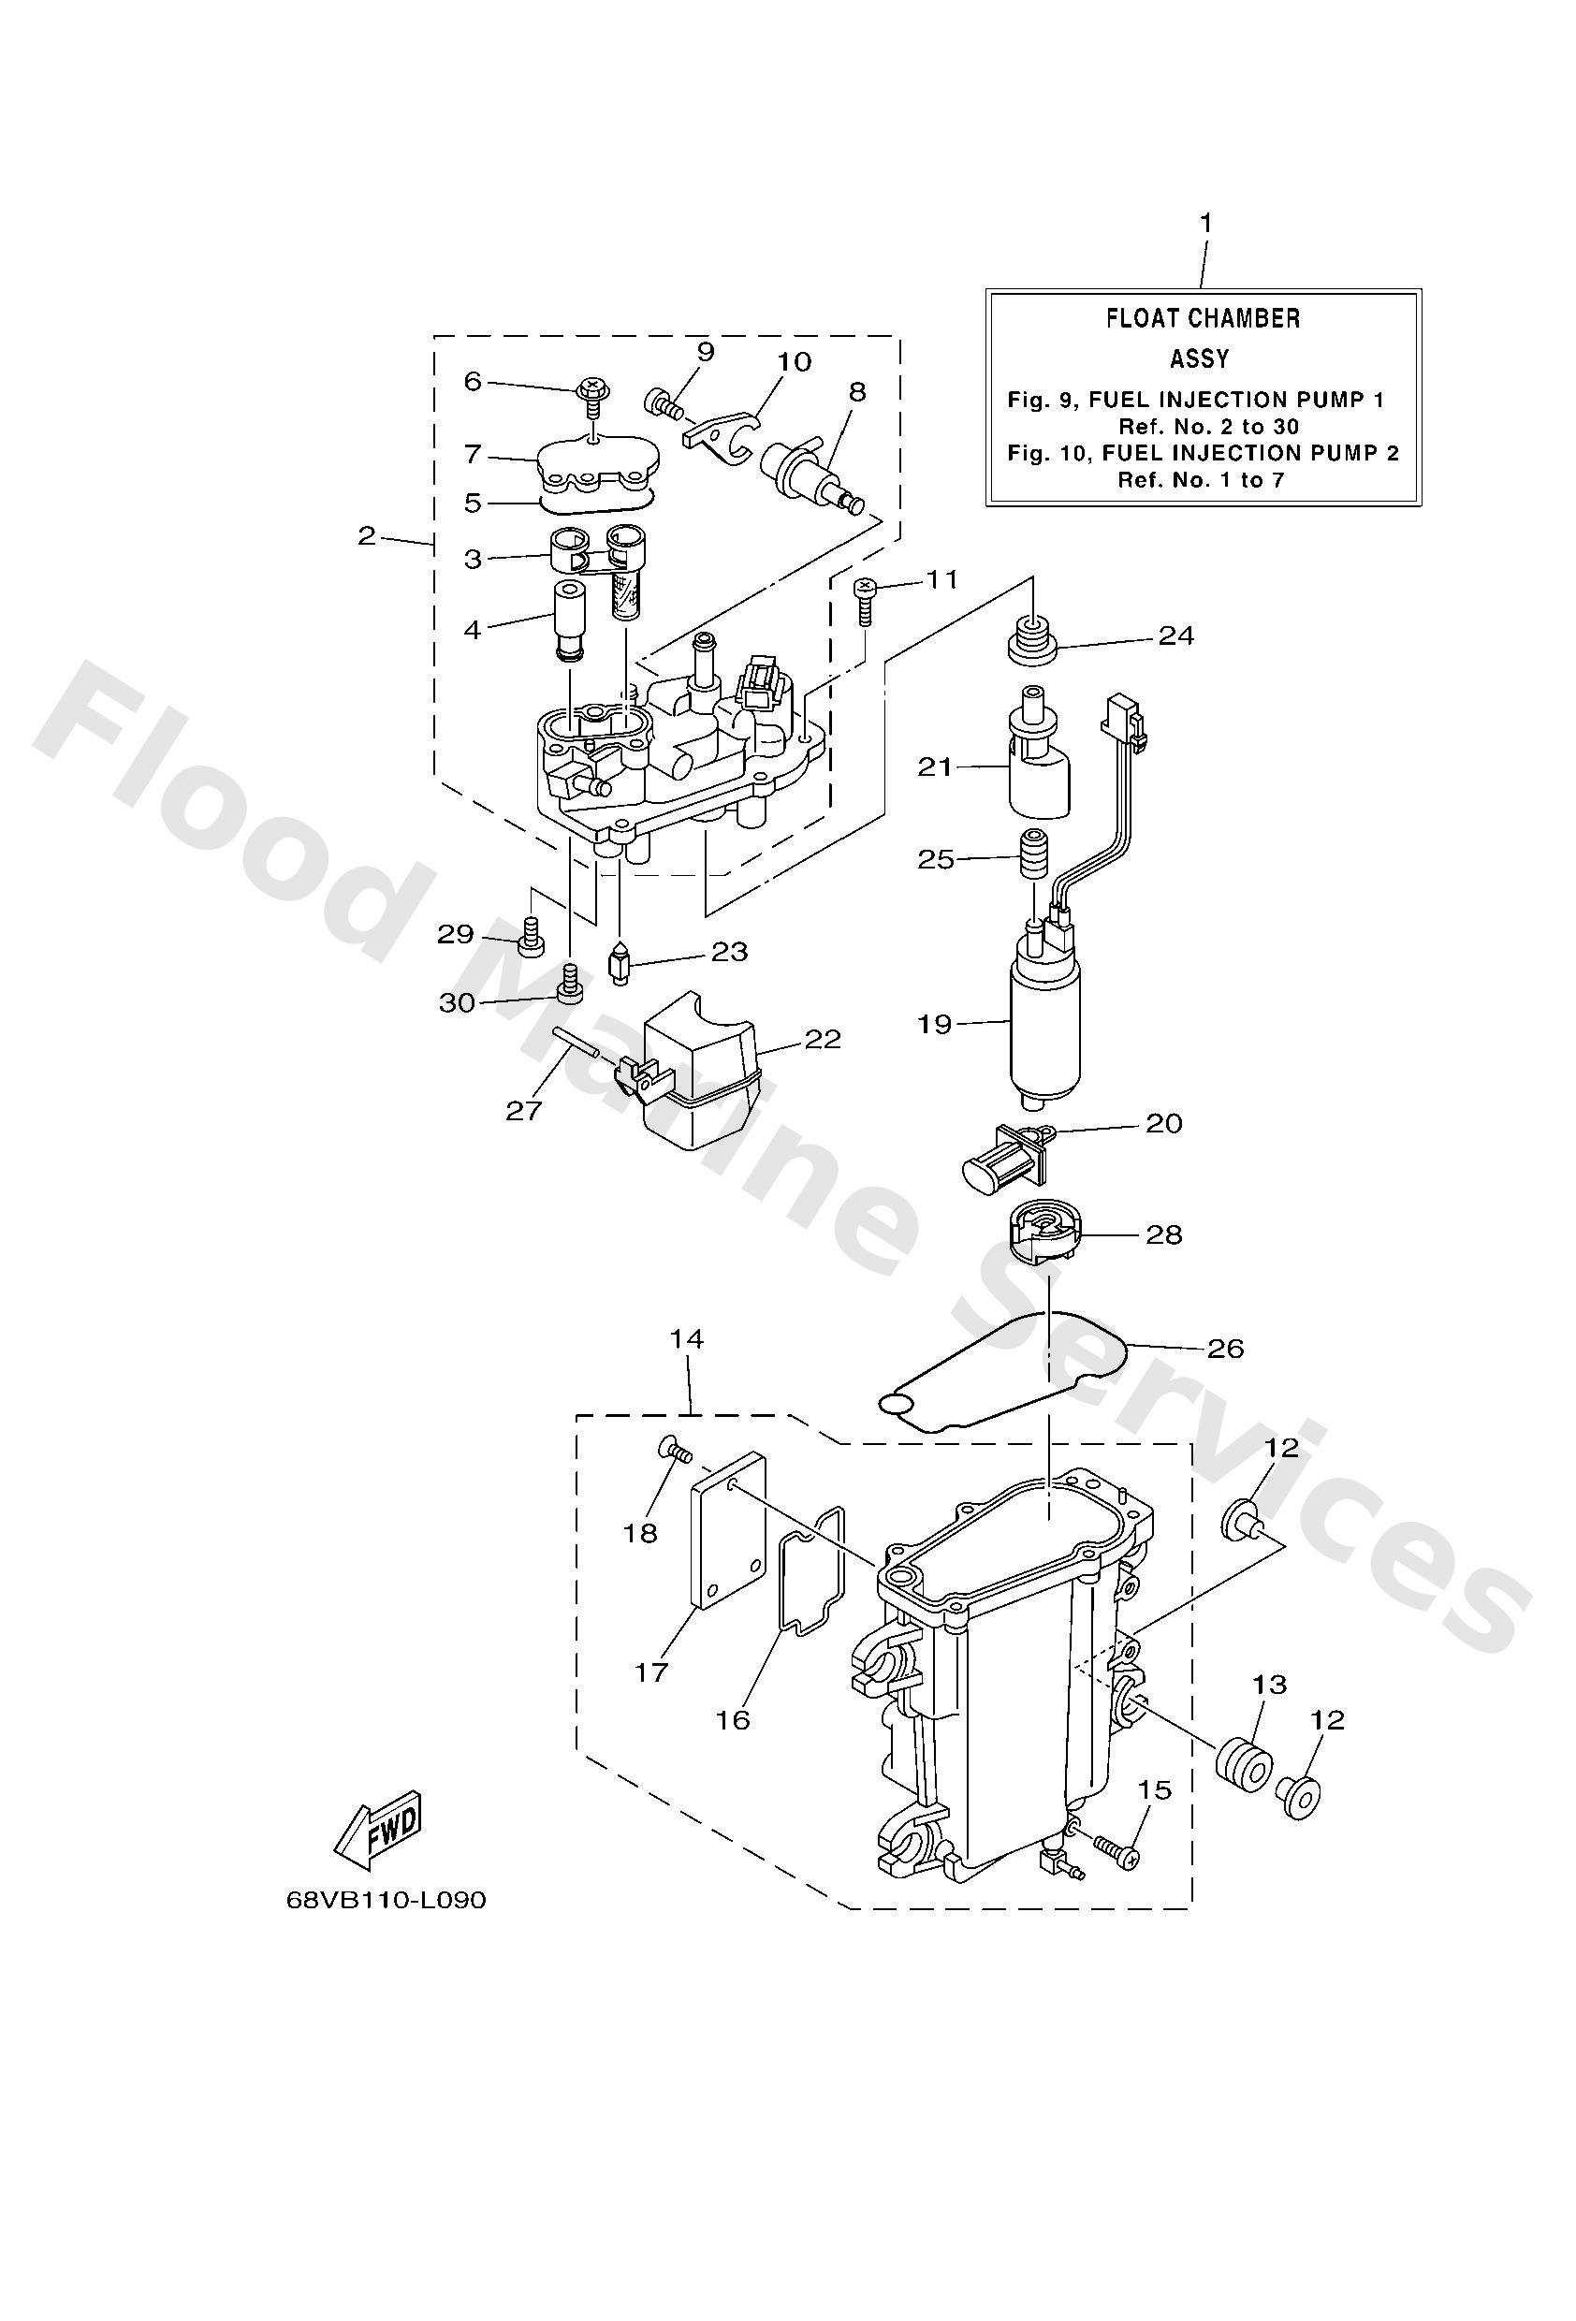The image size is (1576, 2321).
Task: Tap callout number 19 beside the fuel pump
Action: [x=935, y=1024]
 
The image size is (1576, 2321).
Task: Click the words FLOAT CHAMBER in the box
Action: [x=1203, y=318]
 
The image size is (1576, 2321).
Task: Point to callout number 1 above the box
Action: [x=1205, y=223]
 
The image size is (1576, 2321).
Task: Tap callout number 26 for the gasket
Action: [x=1224, y=1350]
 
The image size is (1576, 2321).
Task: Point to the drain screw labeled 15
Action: [x=1116, y=1850]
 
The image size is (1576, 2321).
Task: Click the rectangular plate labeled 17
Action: [x=729, y=1545]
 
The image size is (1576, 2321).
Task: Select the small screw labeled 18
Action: [x=674, y=1452]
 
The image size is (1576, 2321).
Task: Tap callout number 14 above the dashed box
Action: [x=687, y=1338]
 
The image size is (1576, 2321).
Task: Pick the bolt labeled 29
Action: [x=533, y=935]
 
